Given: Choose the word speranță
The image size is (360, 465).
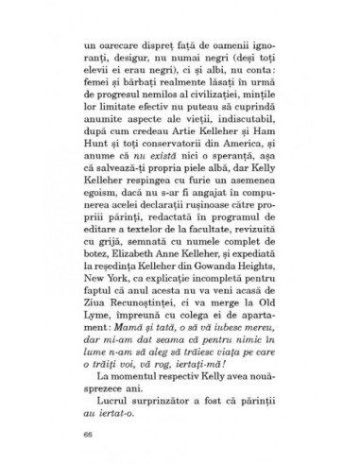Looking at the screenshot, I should [x=216, y=147].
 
